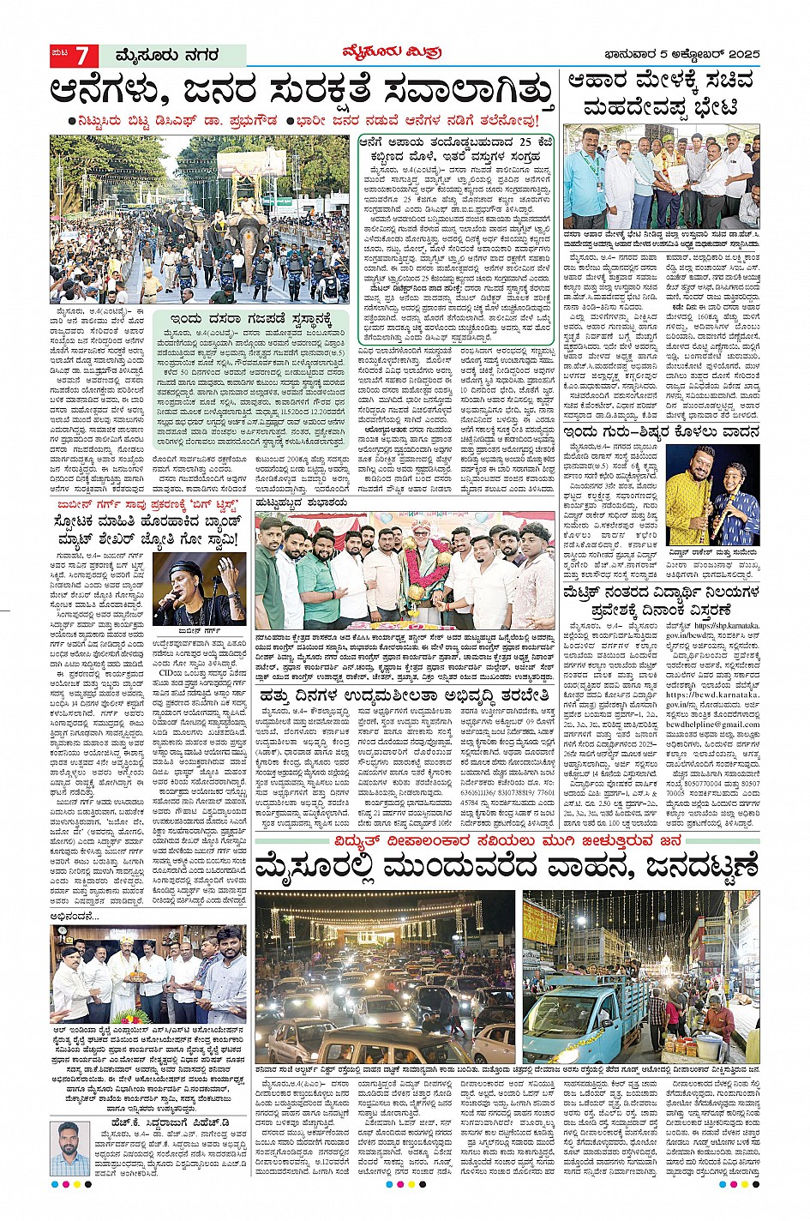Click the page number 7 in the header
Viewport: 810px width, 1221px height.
point(82,56)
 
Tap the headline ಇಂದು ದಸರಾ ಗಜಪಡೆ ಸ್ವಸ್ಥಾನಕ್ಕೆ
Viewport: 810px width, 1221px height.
point(249,320)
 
